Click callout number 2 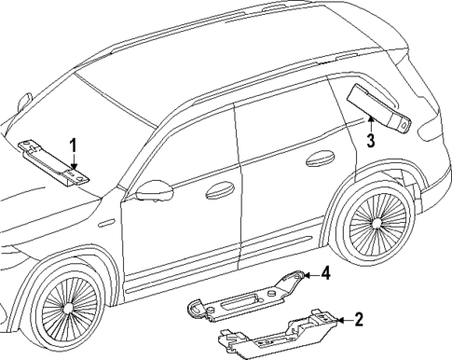pos(359,320)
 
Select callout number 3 pos(370,141)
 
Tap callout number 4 pos(326,273)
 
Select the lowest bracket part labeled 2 pos(280,337)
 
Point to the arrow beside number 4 pos(309,273)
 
